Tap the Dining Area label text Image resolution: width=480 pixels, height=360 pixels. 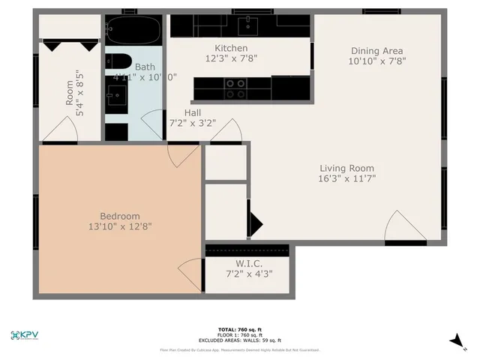point(377,51)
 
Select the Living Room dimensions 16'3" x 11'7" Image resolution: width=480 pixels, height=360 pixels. point(346,179)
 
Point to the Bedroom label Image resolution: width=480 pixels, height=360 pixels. point(120,216)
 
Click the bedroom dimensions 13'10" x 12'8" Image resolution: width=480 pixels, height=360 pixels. point(120,226)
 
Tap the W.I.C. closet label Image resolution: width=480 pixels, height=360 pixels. point(248,263)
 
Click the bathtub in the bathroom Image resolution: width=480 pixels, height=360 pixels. point(133,31)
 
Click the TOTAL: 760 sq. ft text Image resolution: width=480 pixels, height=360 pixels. point(239,329)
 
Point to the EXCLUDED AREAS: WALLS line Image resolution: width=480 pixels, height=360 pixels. point(239,340)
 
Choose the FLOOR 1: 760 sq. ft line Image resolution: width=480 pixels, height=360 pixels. point(239,334)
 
